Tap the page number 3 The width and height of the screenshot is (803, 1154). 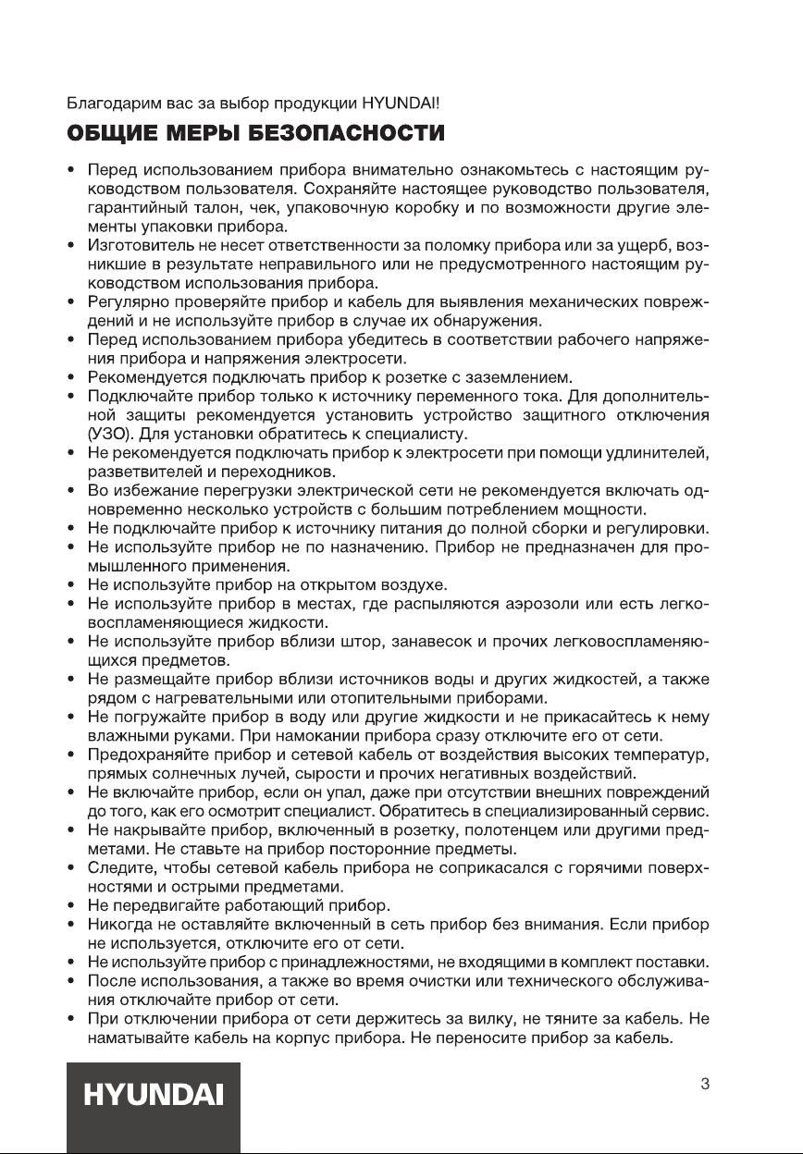704,1084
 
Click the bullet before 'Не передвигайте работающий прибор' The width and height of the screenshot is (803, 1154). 72,906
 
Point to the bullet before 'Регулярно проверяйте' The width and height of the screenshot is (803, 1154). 72,301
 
